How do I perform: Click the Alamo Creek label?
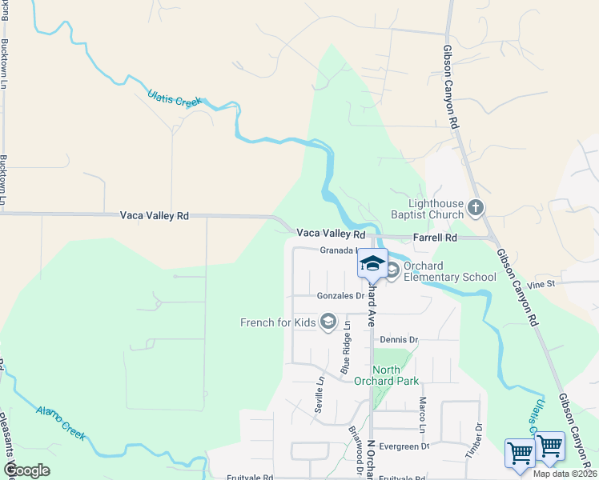pos(61,422)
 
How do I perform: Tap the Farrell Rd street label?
pos(435,238)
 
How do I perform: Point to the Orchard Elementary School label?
pos(449,272)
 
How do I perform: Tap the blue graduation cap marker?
pos(373,263)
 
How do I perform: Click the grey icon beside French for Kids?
pos(328,322)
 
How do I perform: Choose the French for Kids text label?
pos(279,323)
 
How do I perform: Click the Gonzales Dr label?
pos(340,296)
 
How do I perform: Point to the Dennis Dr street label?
pos(399,340)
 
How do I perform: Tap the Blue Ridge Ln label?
pos(347,347)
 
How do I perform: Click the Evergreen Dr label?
pos(404,446)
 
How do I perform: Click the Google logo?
pos(26,470)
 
